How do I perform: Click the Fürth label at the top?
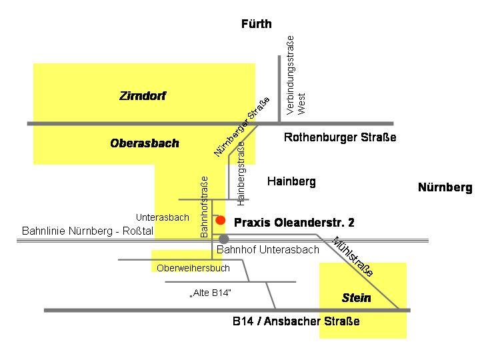coord(257,25)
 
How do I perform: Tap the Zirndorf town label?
coord(142,97)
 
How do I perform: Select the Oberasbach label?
coord(145,143)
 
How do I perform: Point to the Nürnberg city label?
coord(445,187)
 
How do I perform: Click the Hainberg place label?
coord(291,181)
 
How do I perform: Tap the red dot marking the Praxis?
coord(221,220)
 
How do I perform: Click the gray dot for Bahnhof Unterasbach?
coord(224,239)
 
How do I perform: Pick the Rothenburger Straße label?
coord(340,138)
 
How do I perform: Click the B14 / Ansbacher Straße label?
coord(296,321)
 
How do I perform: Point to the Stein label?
coord(356,298)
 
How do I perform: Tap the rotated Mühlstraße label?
coord(353,257)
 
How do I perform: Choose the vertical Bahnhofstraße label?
coord(205,207)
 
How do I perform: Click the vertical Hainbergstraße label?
coord(241,173)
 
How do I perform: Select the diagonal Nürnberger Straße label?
coord(242,127)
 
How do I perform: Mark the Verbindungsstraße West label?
coord(295,77)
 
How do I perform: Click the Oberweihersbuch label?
coord(193,268)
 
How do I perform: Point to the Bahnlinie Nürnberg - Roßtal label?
coord(87,232)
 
